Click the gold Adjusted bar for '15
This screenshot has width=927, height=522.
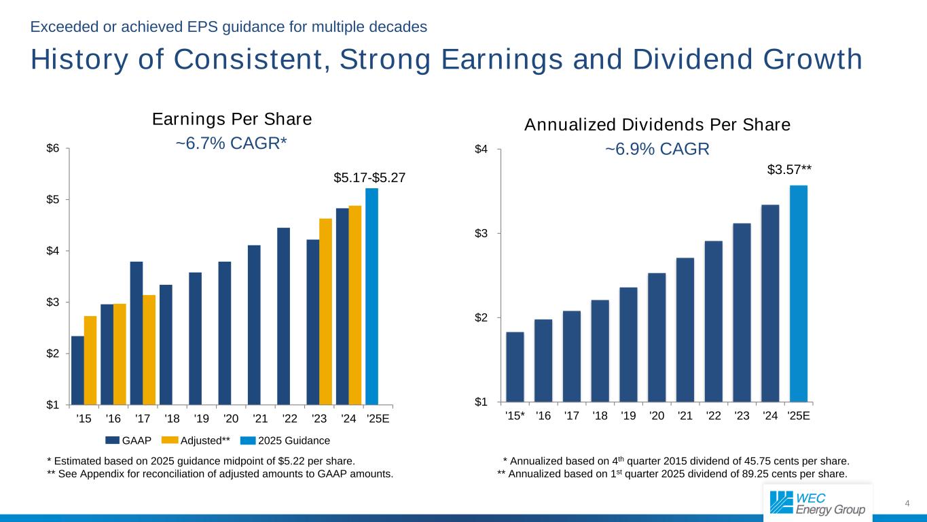(90, 360)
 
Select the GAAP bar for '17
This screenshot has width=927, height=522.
(137, 333)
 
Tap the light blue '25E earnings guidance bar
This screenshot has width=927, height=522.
(371, 296)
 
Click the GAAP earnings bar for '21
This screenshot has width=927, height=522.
(254, 325)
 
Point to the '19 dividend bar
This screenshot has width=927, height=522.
(628, 345)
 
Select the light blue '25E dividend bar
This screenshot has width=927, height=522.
(799, 294)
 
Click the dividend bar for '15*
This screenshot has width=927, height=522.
(515, 367)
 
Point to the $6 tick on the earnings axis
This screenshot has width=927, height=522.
(53, 149)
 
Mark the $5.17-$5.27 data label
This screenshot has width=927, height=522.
(369, 177)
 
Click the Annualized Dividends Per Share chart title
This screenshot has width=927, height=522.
(657, 125)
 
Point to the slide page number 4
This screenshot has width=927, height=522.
(907, 503)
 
